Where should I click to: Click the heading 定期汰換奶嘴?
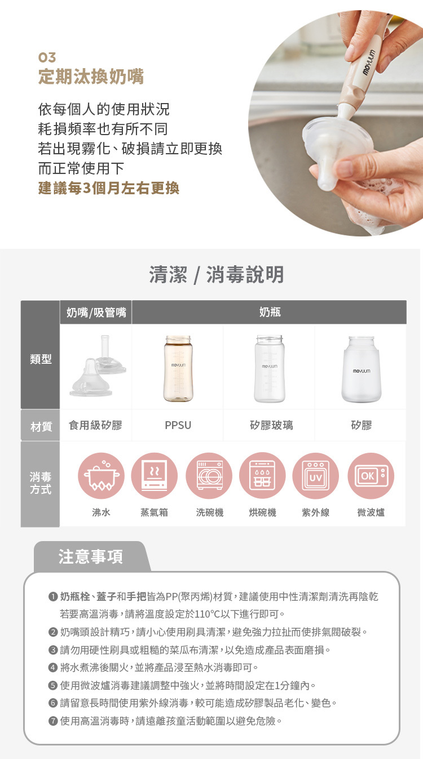(x=91, y=77)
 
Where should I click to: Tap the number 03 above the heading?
(x=47, y=57)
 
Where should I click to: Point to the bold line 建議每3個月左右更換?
(x=108, y=188)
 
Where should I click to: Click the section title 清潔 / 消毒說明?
(x=216, y=275)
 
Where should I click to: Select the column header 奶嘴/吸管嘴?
(x=96, y=312)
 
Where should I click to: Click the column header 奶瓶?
(x=270, y=312)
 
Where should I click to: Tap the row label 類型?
(x=41, y=359)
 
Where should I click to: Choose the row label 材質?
(x=41, y=426)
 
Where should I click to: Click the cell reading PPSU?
(x=178, y=426)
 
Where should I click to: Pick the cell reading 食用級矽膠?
(x=95, y=426)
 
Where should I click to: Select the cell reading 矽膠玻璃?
(x=269, y=426)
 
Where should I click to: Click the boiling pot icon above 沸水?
(x=102, y=476)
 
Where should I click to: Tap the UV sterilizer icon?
(x=315, y=476)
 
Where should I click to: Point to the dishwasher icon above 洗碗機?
(x=209, y=476)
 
